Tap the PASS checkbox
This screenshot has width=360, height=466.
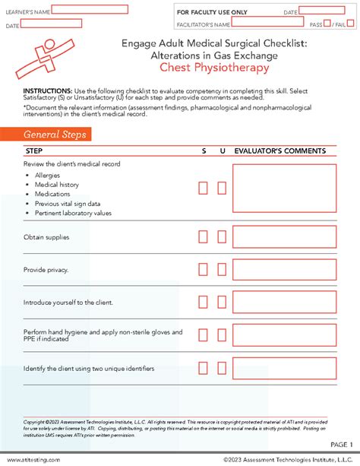[327, 24]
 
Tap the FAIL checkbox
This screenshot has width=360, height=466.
[351, 24]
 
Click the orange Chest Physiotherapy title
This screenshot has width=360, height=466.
[213, 68]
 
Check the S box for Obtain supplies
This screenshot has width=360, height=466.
[204, 237]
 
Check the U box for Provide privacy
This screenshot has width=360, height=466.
[222, 270]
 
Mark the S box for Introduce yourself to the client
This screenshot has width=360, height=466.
[204, 303]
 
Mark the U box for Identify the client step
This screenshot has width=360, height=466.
[222, 369]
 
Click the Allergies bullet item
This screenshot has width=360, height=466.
[49, 176]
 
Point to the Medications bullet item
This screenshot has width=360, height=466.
[52, 194]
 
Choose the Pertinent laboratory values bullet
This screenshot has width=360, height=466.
[73, 213]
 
